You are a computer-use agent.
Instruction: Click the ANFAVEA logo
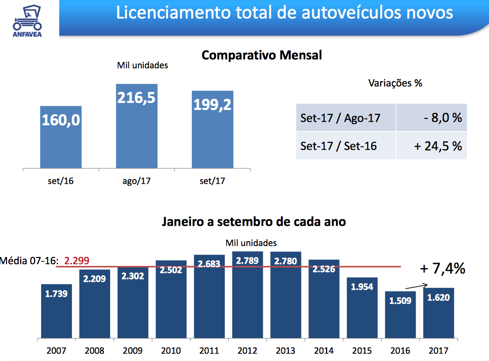(x=27, y=19)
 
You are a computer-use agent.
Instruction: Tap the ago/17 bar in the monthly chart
(x=136, y=126)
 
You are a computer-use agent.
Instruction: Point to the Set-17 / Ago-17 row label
(x=340, y=118)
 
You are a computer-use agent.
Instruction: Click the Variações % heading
(x=395, y=83)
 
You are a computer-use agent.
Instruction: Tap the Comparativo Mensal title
(x=262, y=55)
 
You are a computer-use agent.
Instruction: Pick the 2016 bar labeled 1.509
(x=400, y=315)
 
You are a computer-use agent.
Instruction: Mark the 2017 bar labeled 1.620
(x=438, y=313)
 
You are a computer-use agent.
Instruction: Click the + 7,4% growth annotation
(x=442, y=269)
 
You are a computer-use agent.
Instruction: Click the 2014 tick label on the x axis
(x=324, y=350)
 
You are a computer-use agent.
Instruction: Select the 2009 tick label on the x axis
(x=133, y=350)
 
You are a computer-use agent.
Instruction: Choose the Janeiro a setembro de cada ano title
(x=254, y=222)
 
